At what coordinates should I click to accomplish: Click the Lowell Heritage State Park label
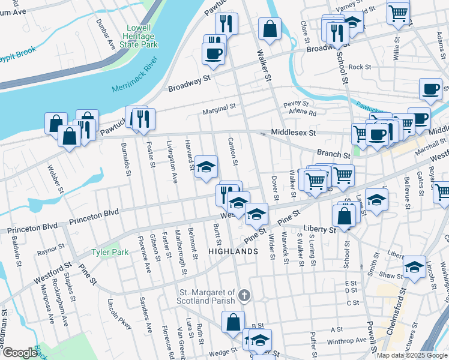coord(141,36)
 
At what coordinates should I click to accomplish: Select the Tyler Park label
coord(110,253)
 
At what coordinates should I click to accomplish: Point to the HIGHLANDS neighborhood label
coord(232,252)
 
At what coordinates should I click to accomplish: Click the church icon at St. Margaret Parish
coord(243,295)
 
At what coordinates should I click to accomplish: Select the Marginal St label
coord(219,109)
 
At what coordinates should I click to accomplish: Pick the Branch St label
coord(333,155)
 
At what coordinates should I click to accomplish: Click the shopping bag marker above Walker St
coord(270,28)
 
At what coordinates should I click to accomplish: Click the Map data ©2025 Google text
coord(412,355)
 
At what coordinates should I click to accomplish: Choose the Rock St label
coord(360,67)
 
